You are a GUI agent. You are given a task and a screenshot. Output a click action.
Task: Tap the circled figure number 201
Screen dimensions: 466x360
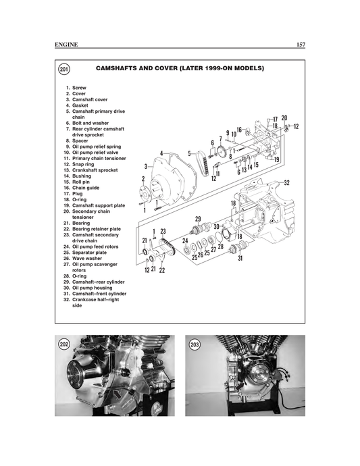point(64,70)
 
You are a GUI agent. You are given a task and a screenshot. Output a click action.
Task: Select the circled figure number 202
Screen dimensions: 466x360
point(65,345)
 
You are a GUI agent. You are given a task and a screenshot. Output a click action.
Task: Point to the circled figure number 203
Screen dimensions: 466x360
point(195,345)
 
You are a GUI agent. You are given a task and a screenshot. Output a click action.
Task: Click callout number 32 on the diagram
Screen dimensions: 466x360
point(286,183)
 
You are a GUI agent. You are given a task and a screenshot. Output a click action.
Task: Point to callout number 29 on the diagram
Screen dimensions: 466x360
point(198,219)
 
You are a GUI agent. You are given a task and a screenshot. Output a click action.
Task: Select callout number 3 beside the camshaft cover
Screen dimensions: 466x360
point(146,165)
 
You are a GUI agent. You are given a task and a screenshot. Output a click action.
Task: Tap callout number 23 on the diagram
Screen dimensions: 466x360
point(163,231)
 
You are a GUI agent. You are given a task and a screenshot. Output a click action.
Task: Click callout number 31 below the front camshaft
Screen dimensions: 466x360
point(240,257)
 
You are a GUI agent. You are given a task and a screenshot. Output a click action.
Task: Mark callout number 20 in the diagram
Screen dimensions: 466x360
point(284,118)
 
